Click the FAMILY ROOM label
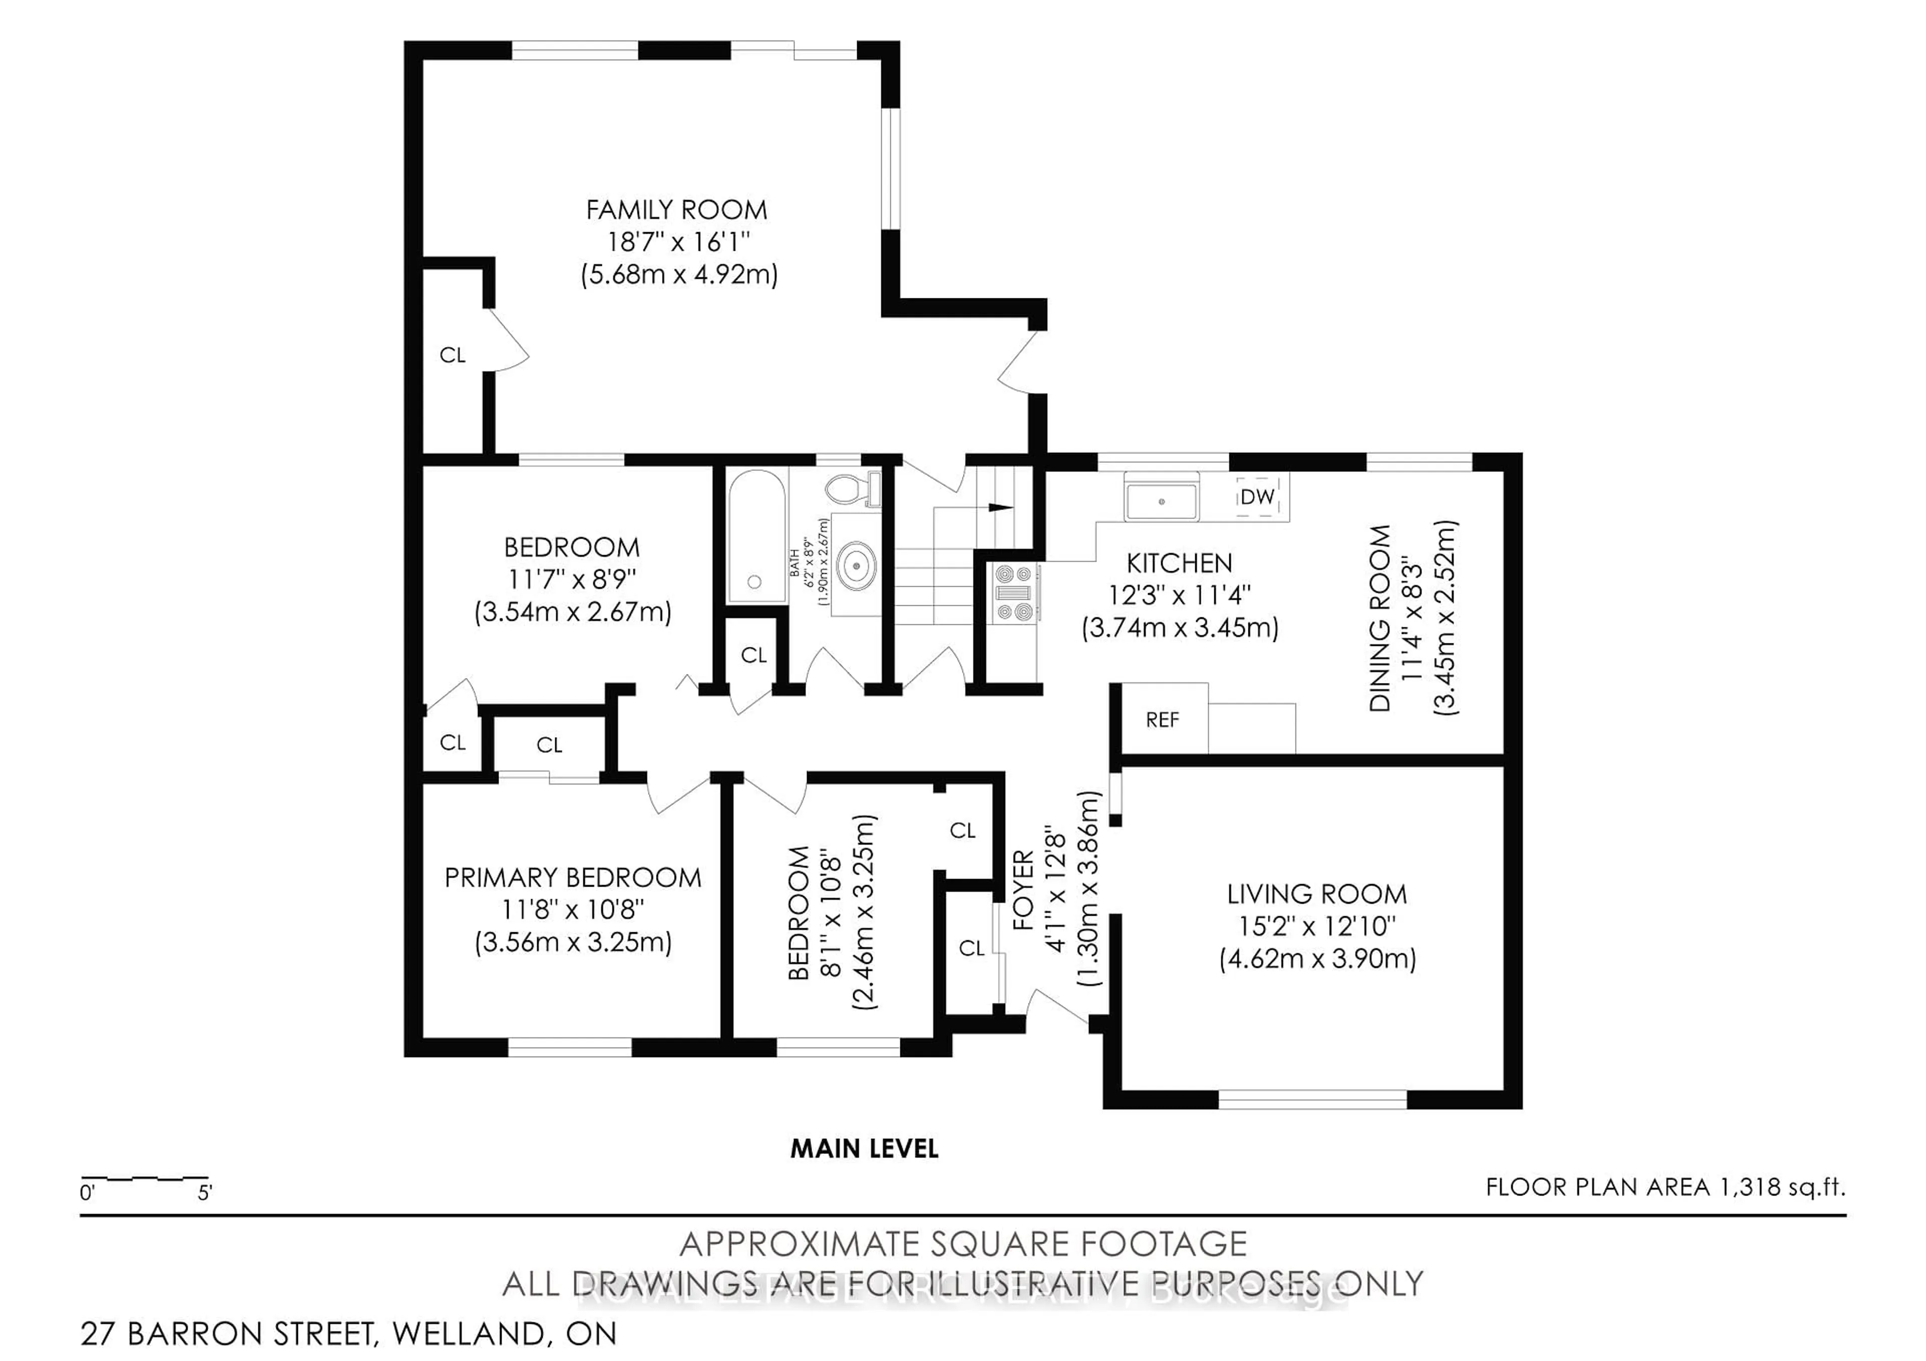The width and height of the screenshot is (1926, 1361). pyautogui.click(x=676, y=210)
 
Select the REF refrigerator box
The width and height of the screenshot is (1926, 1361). pyautogui.click(x=1162, y=720)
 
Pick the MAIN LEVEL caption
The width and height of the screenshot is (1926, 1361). pyautogui.click(x=864, y=1149)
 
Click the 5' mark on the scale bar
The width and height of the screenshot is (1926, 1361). pyautogui.click(x=205, y=1193)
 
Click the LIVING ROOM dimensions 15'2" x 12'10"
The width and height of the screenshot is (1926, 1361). pyautogui.click(x=1317, y=926)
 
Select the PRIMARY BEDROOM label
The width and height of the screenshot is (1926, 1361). pyautogui.click(x=572, y=878)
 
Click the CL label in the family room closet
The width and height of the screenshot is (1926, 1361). pyautogui.click(x=452, y=356)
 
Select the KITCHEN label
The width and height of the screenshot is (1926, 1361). pyautogui.click(x=1179, y=564)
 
